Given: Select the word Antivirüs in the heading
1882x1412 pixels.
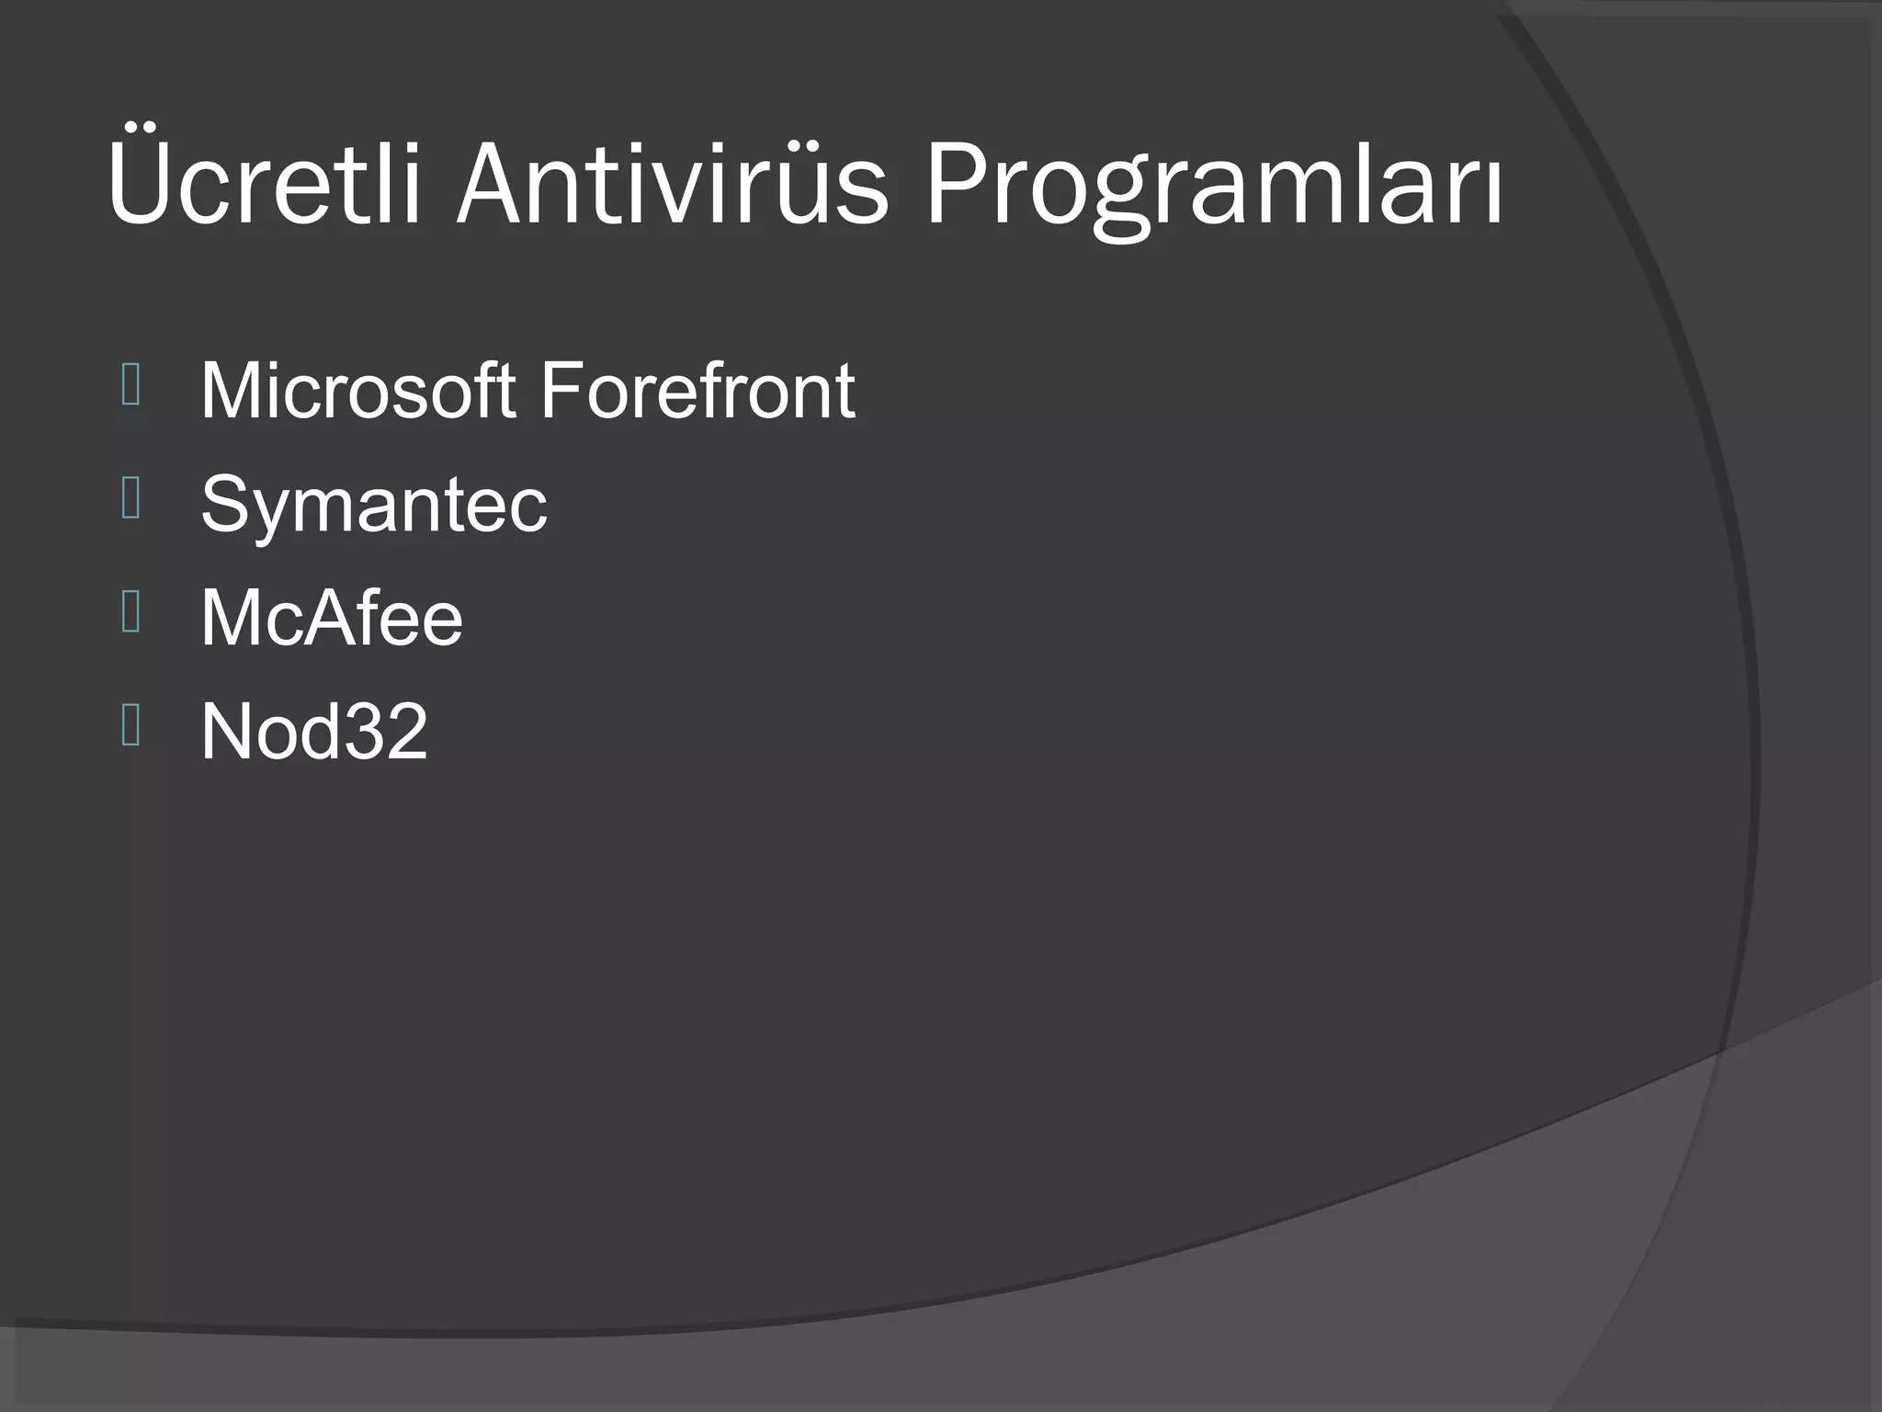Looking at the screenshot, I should [x=672, y=182].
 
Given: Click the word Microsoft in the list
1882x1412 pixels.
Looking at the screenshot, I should [x=357, y=391].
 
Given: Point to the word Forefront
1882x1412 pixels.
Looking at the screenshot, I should [x=697, y=391].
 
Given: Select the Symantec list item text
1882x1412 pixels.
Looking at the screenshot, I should [x=374, y=505].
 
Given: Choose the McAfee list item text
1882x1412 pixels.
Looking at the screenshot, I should [x=332, y=618].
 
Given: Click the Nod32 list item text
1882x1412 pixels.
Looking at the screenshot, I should [x=314, y=732].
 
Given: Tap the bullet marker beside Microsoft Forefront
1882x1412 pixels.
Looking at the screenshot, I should [x=130, y=385].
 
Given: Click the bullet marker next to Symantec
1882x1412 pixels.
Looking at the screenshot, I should [x=130, y=498].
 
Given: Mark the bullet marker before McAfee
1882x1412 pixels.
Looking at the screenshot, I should [x=130, y=612].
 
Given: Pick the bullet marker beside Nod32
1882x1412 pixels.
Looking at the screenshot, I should [x=130, y=725].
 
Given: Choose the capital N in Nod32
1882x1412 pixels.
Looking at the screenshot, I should [x=229, y=732].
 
